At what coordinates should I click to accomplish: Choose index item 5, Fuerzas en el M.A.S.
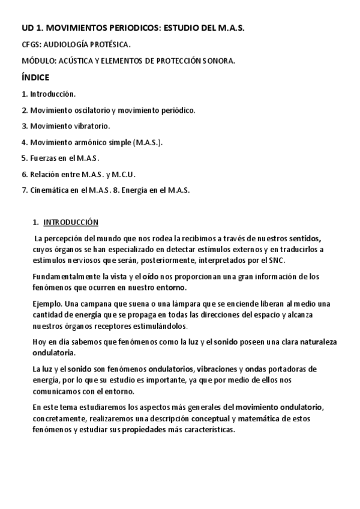[x=60, y=158]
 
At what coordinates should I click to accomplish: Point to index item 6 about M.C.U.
[x=79, y=174]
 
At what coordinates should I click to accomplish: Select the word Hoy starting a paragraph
[x=38, y=342]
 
